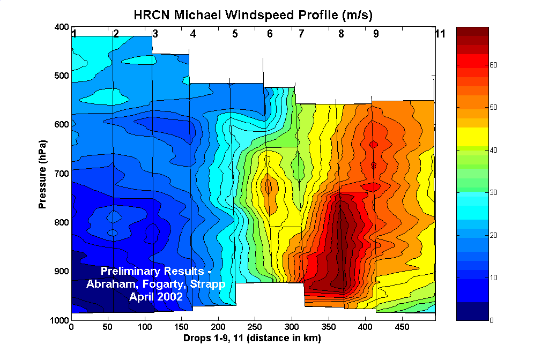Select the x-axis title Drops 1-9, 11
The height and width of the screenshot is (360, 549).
tap(252, 339)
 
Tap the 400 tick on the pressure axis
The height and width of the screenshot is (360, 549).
tap(61, 27)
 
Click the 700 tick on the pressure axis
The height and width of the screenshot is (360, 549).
tap(61, 174)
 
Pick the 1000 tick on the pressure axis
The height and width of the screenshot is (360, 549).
tap(59, 320)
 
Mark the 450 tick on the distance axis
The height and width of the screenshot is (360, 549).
tap(402, 327)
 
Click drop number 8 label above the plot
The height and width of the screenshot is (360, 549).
tap(341, 34)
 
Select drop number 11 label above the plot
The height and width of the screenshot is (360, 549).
tap(440, 34)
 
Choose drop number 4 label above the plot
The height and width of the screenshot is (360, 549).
tap(193, 34)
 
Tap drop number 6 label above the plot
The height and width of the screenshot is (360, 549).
tap(270, 34)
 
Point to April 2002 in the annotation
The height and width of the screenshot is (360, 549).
tap(156, 295)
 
